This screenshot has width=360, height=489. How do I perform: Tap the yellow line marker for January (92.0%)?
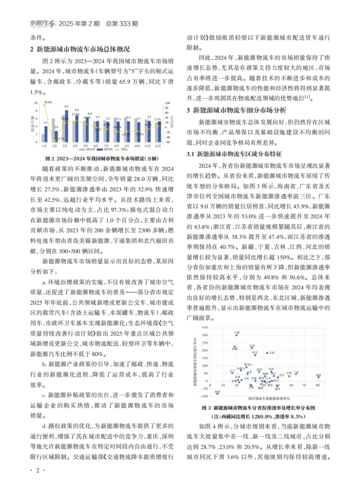coord(44,105)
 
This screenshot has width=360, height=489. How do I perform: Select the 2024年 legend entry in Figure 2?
coord(107,149)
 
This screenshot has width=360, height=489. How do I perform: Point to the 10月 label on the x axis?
coord(137,146)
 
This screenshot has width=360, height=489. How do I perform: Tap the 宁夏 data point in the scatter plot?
coord(236,335)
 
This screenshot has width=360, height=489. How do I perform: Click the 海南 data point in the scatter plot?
coord(318,377)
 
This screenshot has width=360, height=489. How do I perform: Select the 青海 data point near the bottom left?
coord(217,394)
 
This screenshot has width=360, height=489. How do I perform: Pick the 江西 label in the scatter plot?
coord(272,353)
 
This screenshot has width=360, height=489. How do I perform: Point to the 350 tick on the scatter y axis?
coord(205,327)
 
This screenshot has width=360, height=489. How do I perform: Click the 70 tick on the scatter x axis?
coord(304,385)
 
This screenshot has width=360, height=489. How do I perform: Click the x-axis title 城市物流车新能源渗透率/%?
coord(269,398)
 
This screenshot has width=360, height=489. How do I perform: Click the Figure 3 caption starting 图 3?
coord(258,408)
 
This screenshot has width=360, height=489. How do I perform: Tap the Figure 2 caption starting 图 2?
coord(102,158)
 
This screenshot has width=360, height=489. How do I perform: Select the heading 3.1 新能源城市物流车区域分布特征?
coord(234,154)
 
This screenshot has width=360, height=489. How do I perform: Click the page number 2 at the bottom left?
coord(37,470)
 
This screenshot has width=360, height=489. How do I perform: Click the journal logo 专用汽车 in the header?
coord(43,24)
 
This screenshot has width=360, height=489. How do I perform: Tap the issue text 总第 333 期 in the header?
coord(122,24)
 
